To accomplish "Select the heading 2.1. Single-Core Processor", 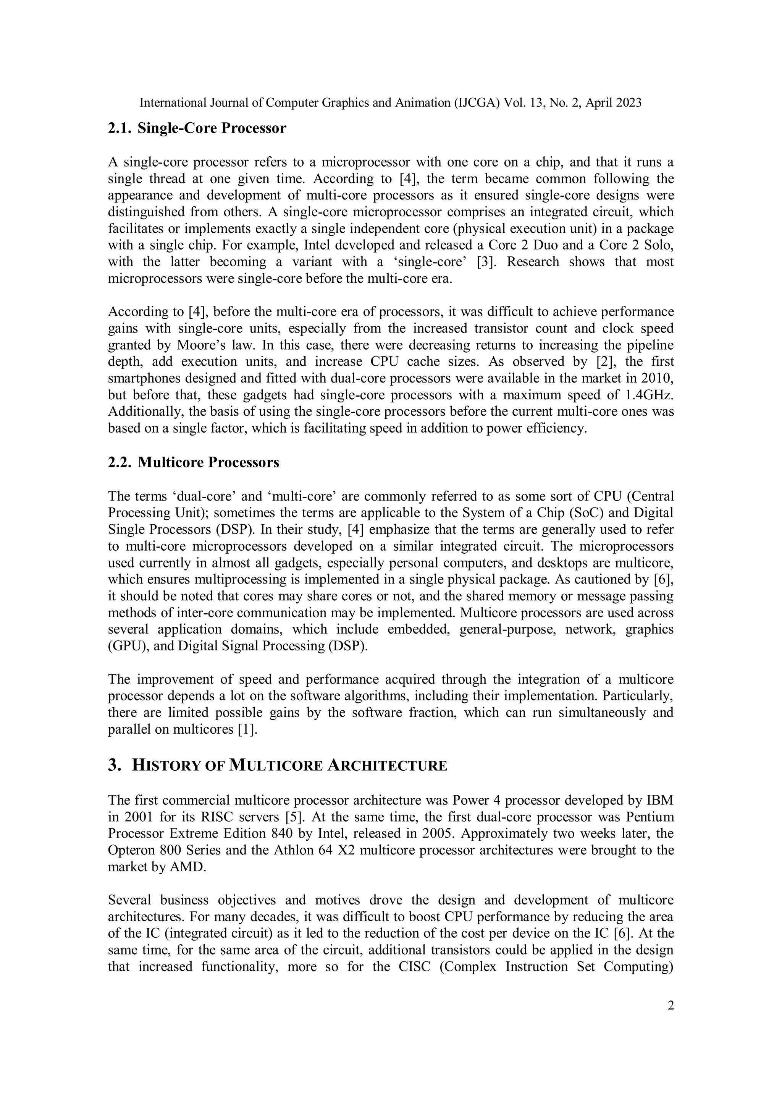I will coord(197,128).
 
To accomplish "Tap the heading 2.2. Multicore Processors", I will coord(193,462).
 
